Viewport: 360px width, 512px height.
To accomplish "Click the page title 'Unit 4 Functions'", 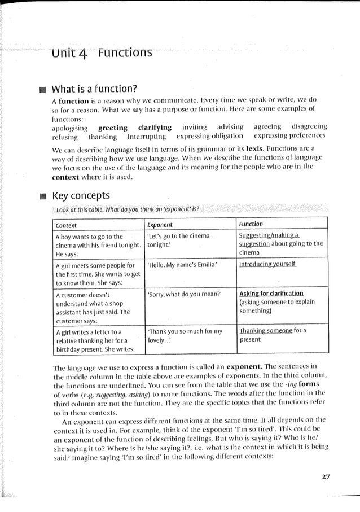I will (102, 54).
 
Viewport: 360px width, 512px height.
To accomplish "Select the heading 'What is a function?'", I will (94, 89).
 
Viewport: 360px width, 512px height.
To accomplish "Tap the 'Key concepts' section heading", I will (81, 196).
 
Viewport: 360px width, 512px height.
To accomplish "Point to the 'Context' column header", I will (67, 225).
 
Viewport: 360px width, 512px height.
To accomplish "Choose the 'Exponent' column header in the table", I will (160, 225).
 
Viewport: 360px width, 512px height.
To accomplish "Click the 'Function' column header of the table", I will (251, 224).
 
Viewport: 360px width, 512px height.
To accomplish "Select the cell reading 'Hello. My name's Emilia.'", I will (182, 264).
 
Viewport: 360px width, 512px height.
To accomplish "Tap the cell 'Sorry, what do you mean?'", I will (185, 294).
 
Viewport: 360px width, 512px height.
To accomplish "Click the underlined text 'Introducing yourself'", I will (267, 264).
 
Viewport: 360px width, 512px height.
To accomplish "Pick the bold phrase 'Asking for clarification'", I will (271, 294).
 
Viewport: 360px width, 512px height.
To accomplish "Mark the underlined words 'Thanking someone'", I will (265, 331).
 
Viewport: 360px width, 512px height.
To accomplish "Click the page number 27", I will (325, 476).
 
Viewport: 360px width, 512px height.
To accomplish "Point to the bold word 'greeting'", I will (113, 128).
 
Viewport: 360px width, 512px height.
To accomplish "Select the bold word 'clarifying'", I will (155, 128).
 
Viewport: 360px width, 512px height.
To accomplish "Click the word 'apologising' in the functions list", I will (69, 128).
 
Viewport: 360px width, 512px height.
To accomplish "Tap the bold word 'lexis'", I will (255, 148).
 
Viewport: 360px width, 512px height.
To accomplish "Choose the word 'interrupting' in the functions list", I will (147, 137).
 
